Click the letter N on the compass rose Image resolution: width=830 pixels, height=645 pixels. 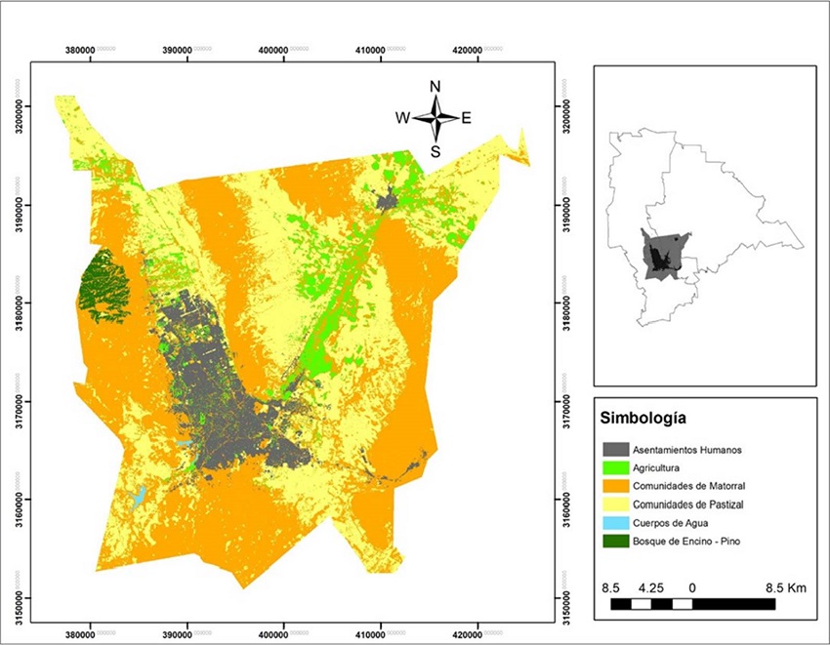(x=436, y=86)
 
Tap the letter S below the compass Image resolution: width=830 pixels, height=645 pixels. (x=436, y=151)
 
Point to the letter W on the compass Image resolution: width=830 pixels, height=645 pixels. (x=401, y=118)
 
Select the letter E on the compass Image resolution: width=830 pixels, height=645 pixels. (x=466, y=118)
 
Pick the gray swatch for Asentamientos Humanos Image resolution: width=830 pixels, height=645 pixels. (x=615, y=449)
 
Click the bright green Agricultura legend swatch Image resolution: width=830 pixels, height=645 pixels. (x=615, y=467)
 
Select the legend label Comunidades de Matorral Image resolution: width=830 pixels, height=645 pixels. (x=691, y=486)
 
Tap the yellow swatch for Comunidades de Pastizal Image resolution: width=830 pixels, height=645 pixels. (x=615, y=504)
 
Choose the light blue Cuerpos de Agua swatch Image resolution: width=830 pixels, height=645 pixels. (x=615, y=523)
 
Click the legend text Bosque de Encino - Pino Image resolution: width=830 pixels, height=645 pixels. (x=686, y=541)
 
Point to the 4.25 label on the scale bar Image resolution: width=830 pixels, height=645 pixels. (x=650, y=588)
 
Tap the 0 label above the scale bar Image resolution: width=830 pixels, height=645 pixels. (x=692, y=588)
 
